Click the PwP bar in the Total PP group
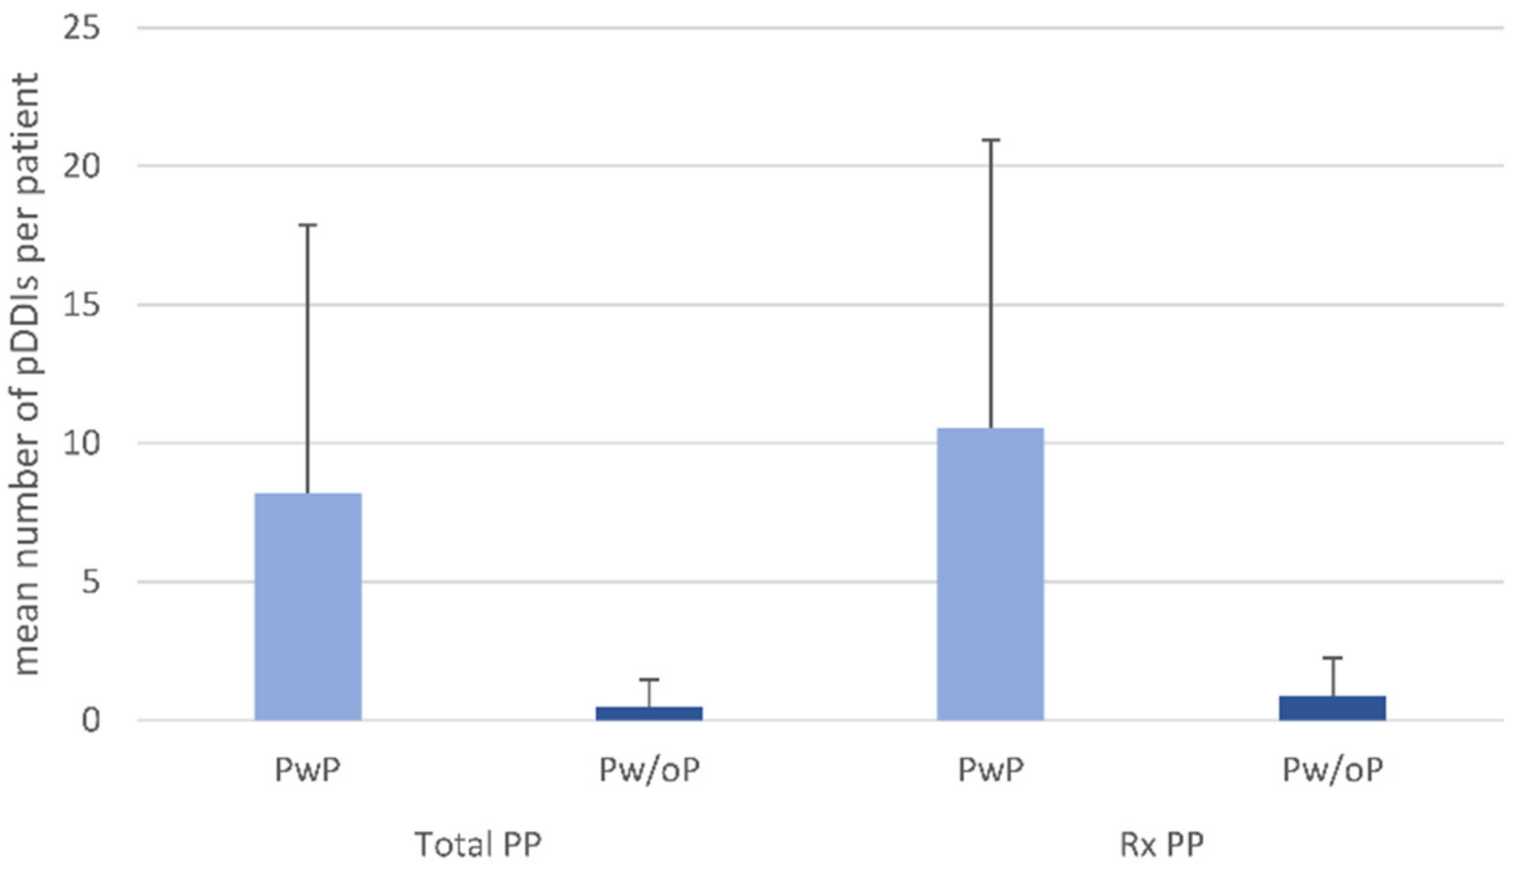point(308,606)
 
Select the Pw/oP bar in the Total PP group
point(649,713)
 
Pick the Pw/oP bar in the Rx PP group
point(1332,708)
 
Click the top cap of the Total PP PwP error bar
point(308,225)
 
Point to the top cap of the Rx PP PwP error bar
point(990,140)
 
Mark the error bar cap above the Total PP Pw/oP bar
point(649,679)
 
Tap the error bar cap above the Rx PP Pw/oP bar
point(1332,657)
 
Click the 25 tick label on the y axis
point(81,28)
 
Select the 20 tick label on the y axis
point(81,166)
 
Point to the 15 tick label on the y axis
point(81,305)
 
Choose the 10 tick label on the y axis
point(81,444)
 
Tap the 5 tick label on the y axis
point(89,582)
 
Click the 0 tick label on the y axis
point(90,721)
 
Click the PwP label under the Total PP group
point(308,770)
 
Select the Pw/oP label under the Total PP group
point(649,770)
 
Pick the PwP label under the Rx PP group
point(990,770)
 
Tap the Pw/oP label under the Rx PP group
point(1332,770)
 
